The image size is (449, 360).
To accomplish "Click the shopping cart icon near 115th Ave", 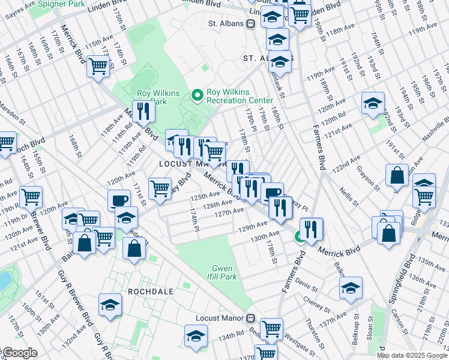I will coord(98,66).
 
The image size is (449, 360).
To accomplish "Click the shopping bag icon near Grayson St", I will coord(397,176).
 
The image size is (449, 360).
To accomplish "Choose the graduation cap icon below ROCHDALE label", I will coord(110,305).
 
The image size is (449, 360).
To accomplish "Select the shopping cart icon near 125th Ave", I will coord(160,188).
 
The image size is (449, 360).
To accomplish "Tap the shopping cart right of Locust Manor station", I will coord(272,328).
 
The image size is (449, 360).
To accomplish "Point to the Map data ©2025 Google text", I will coord(412,355).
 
